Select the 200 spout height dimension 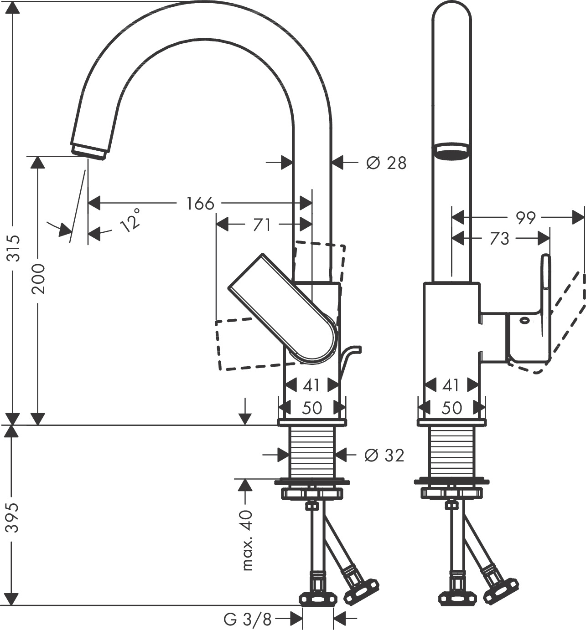(x=40, y=278)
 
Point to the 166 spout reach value (x=200, y=203)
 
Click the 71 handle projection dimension (x=261, y=225)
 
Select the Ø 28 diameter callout (x=386, y=163)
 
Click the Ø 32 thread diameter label (x=384, y=455)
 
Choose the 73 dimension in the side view (x=499, y=238)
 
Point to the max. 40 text (x=247, y=540)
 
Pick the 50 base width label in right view (x=451, y=408)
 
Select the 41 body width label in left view (x=311, y=386)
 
